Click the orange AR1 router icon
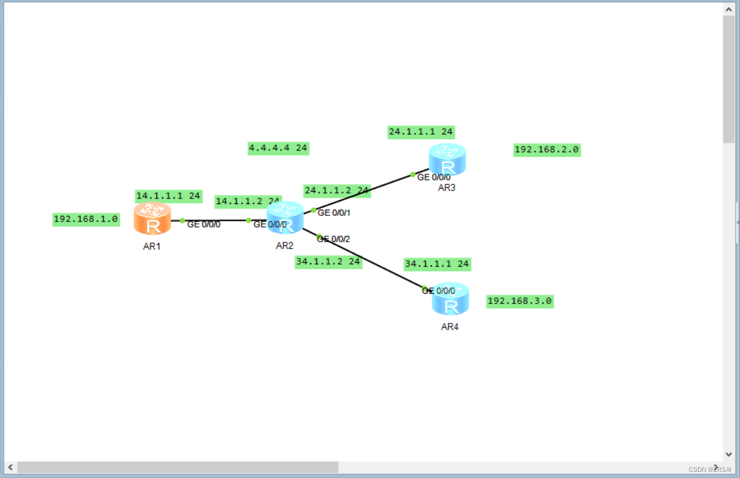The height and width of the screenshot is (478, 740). point(152,218)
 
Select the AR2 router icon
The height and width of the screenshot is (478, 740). point(285,218)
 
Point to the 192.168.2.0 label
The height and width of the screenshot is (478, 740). point(547,150)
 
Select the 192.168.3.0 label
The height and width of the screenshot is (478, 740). point(519,301)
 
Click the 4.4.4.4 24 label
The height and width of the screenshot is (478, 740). point(278,148)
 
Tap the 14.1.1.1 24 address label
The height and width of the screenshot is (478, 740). point(169,195)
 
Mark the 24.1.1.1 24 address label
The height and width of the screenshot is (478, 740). point(421,132)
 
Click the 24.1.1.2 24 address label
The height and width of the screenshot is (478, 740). point(337,190)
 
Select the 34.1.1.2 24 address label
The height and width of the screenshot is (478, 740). point(328,262)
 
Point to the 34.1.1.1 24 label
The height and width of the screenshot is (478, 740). point(437,264)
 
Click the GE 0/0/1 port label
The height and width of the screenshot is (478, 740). point(334,213)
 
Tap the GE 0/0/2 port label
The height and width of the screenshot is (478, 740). point(334,239)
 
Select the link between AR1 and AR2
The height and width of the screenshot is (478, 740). point(216,220)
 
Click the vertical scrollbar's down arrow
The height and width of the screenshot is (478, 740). point(728,455)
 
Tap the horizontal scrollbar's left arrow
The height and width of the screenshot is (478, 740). point(10,467)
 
